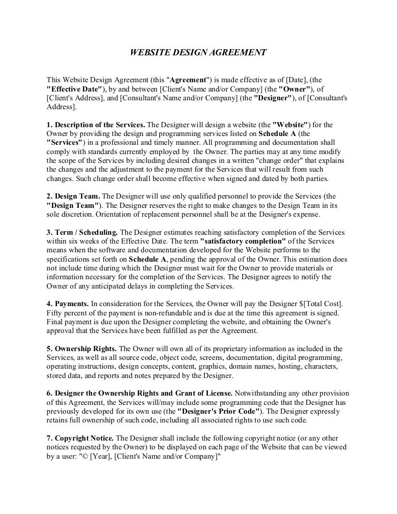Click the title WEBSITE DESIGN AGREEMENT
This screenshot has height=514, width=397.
(x=197, y=52)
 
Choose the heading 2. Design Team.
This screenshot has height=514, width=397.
(x=73, y=196)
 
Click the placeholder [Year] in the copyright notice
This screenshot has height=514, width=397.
(x=110, y=457)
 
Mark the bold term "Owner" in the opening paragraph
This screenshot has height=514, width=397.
(x=293, y=89)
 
